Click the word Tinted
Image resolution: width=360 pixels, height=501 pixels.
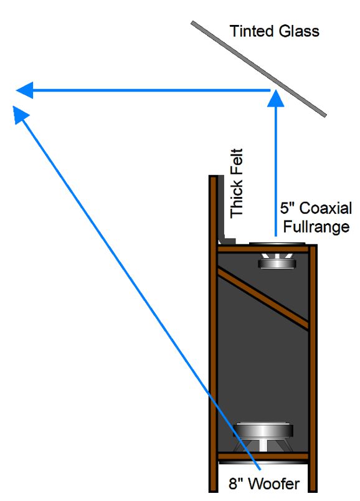point(252,31)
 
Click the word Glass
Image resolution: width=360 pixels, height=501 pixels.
point(299,31)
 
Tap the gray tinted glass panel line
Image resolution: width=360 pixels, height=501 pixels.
point(258,69)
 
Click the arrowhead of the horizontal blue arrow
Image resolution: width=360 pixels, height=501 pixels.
point(24,90)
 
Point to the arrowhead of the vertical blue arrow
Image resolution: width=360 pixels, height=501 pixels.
point(275,98)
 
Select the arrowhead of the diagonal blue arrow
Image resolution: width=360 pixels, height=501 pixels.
point(20,115)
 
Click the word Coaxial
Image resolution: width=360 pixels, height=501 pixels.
point(326,208)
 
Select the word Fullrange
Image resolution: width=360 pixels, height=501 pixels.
point(316,227)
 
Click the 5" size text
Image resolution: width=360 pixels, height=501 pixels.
point(288,208)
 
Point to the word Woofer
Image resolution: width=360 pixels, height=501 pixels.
point(274,484)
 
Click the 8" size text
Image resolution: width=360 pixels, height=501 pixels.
point(235,484)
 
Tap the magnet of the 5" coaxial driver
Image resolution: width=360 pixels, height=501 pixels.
point(277,264)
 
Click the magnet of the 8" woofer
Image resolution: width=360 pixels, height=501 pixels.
point(263,429)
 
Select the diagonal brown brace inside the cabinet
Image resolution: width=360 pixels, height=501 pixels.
point(263,298)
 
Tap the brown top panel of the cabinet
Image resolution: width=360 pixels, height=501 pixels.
point(263,249)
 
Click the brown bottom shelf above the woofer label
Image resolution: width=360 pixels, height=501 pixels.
point(263,456)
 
